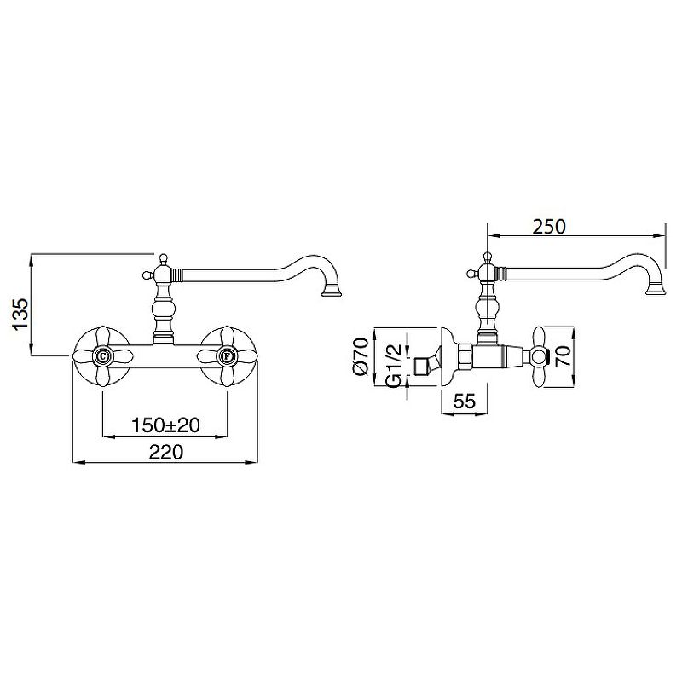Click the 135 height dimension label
point(20,315)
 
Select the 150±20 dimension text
point(165,425)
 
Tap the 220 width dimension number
point(166,453)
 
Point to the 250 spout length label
point(549,227)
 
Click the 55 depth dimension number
point(465,401)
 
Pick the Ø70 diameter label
point(361,356)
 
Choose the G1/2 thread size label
point(393,366)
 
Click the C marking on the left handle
point(102,356)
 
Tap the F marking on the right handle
point(227,356)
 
